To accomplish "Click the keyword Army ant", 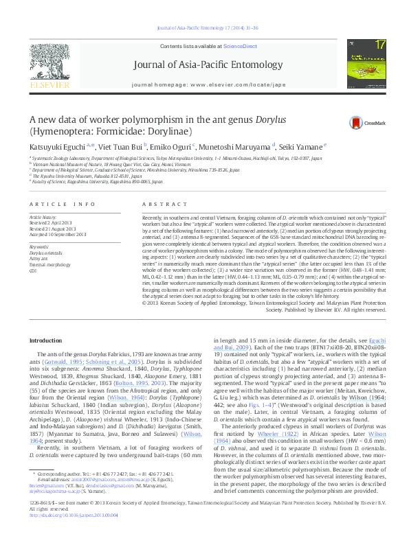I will tap(41, 259).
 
